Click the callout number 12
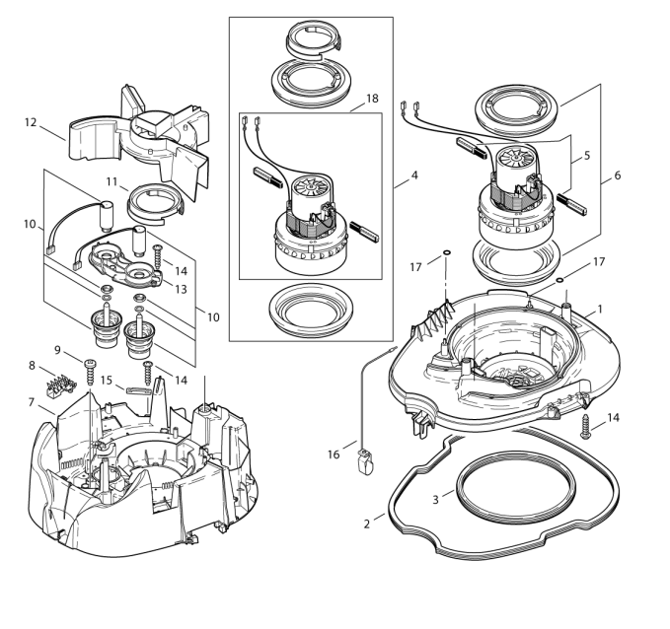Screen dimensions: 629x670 click(x=31, y=123)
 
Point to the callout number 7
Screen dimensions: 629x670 click(x=33, y=401)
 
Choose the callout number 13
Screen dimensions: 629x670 click(x=182, y=289)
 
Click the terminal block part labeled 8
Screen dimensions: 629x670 click(x=69, y=378)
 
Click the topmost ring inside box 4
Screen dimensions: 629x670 click(x=312, y=39)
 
